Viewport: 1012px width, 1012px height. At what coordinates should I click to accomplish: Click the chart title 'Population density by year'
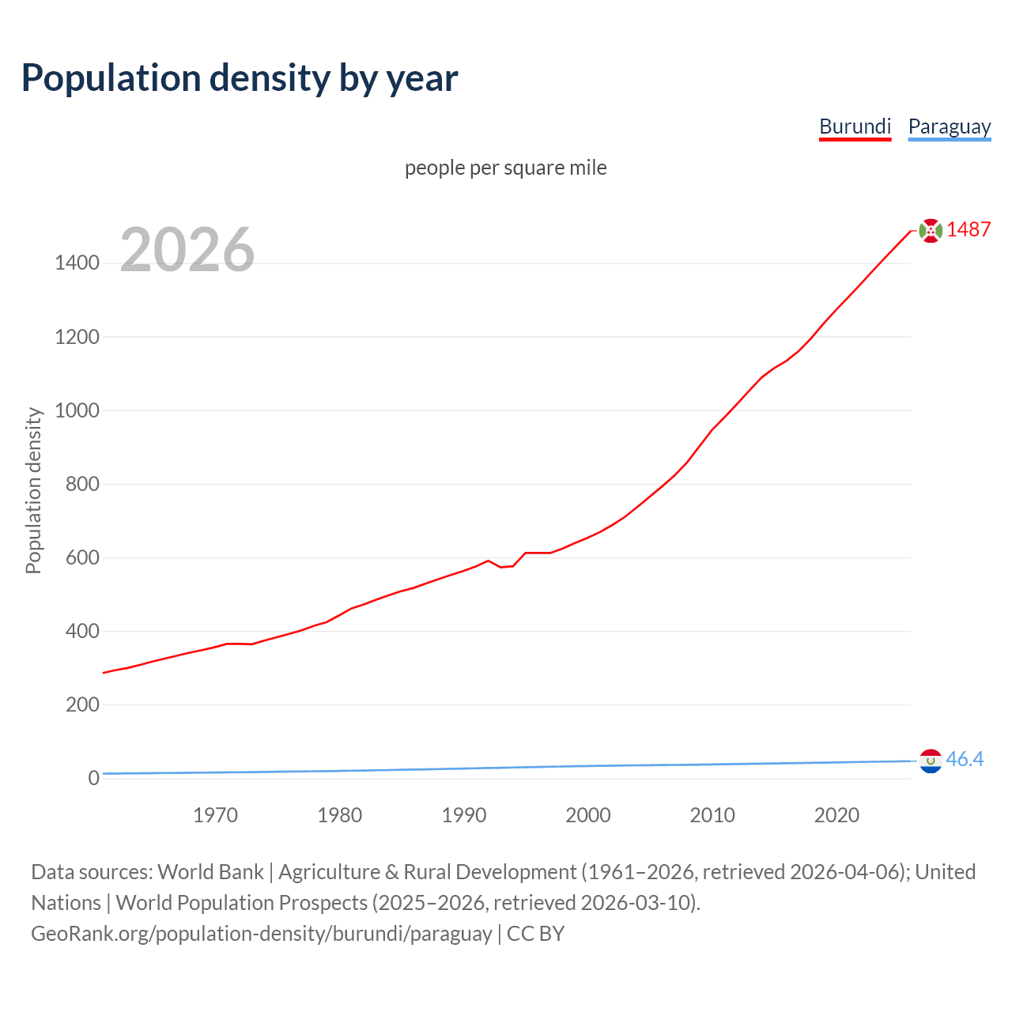pos(240,78)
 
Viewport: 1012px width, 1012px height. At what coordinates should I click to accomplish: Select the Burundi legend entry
pos(855,126)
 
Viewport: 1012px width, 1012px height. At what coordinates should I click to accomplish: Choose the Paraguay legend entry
pos(949,126)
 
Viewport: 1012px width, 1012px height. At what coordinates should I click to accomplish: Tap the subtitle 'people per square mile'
pos(506,168)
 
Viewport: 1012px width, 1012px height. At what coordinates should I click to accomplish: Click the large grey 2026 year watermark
pos(187,250)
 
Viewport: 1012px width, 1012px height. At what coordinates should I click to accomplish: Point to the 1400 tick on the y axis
pos(77,263)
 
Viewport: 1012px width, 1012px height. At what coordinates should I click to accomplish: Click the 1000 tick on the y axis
pos(77,410)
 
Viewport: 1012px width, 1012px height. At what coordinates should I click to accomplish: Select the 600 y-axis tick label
pos(82,557)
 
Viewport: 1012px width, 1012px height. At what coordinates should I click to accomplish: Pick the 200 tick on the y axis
pos(82,704)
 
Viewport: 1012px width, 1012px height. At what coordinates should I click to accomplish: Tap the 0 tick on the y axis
pos(93,778)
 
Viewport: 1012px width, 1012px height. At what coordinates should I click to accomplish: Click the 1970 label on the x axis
pos(215,815)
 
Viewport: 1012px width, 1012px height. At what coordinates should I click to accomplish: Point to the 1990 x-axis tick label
pos(464,815)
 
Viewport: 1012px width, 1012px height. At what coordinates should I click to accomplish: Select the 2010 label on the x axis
pos(712,815)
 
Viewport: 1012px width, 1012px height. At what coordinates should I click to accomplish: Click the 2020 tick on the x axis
pos(836,815)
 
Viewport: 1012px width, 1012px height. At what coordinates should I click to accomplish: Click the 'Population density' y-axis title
pos(33,490)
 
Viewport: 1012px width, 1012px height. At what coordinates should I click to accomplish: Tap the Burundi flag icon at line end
pos(931,230)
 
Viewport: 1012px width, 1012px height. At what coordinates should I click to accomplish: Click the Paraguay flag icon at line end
pos(931,761)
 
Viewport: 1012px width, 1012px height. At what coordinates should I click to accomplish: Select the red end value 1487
pos(969,230)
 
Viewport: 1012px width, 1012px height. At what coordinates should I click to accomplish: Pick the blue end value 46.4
pos(965,760)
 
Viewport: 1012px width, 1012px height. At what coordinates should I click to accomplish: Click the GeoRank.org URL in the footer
pos(261,934)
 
